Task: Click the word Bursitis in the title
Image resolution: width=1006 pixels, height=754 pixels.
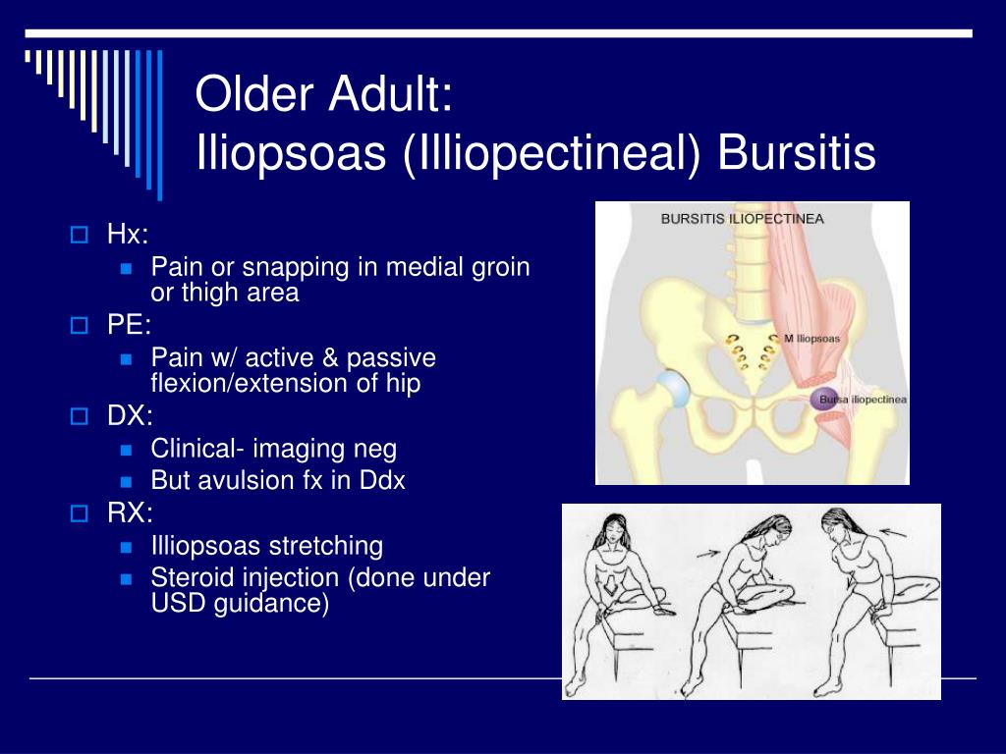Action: (796, 152)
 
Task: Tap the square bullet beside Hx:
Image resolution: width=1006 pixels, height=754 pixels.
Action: (79, 235)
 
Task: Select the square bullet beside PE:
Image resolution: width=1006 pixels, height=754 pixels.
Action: (79, 325)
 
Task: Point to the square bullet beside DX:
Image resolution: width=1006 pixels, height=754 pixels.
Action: (79, 416)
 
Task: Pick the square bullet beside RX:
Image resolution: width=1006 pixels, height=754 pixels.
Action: (79, 512)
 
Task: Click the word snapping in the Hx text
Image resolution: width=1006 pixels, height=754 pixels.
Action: (296, 269)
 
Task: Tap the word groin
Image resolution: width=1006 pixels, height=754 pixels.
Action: (501, 269)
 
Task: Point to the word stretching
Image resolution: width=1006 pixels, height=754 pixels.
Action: (326, 547)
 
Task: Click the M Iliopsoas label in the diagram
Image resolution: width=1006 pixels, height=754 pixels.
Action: (811, 339)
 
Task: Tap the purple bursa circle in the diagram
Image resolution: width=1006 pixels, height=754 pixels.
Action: (824, 400)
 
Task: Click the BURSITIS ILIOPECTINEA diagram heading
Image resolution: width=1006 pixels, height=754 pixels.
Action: (743, 219)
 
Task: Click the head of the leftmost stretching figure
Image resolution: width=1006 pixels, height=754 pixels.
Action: (613, 531)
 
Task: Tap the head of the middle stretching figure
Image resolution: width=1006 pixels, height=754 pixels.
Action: (775, 529)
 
